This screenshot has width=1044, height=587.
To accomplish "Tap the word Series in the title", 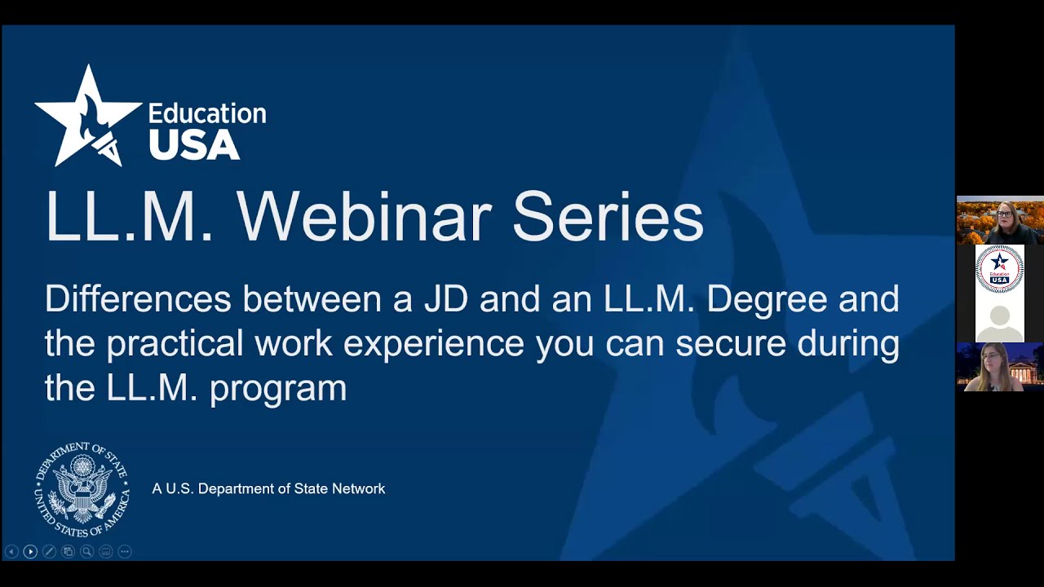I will click(x=608, y=218).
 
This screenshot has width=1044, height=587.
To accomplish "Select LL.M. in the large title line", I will click(x=129, y=218).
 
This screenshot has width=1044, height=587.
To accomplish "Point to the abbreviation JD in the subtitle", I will click(x=445, y=299).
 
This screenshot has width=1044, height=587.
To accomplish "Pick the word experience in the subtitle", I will click(x=433, y=343).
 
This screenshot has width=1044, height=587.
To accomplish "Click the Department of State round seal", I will click(x=82, y=489).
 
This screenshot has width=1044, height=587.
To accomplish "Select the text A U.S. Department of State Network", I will click(x=268, y=489).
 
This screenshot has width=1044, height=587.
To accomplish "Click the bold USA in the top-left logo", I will click(x=193, y=144).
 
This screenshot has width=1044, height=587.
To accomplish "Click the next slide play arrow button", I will click(x=30, y=552).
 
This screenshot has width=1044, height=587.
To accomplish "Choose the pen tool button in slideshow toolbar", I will click(x=49, y=552).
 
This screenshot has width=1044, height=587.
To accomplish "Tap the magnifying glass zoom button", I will click(x=86, y=552).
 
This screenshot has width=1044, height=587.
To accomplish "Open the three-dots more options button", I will click(x=124, y=552).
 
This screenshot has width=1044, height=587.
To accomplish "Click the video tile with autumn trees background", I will click(x=1000, y=220).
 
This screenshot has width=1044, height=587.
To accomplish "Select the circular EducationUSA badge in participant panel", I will click(x=1000, y=269).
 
